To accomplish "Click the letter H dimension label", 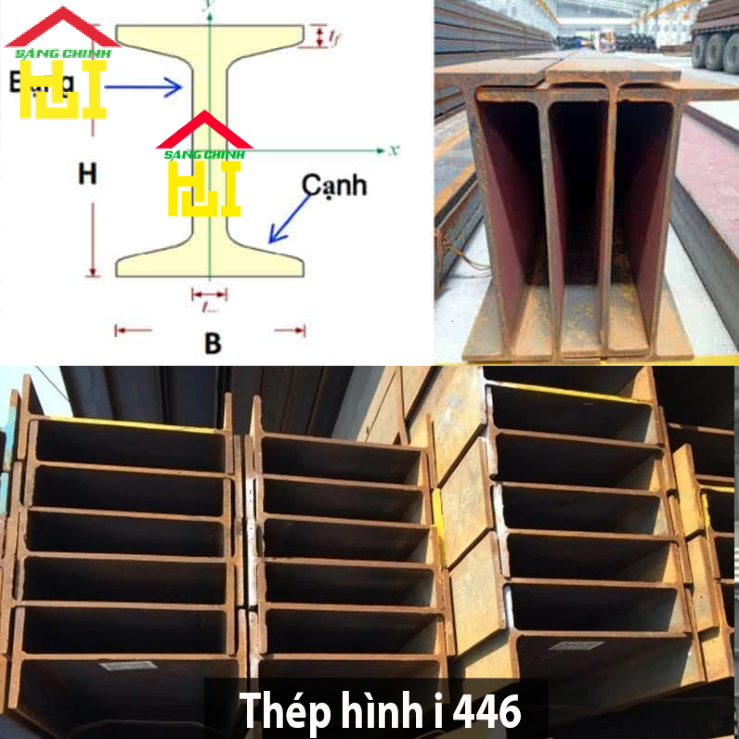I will click(87, 173).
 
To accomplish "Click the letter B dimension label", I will click(212, 343).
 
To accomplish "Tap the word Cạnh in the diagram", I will click(334, 186).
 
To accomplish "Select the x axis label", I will click(393, 150).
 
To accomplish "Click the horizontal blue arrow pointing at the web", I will click(143, 88).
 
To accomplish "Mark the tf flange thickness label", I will click(335, 37).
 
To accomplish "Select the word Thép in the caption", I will click(285, 711).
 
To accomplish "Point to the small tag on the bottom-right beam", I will click(576, 645).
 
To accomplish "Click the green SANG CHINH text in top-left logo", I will click(63, 54).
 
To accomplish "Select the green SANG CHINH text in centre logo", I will click(204, 155).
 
